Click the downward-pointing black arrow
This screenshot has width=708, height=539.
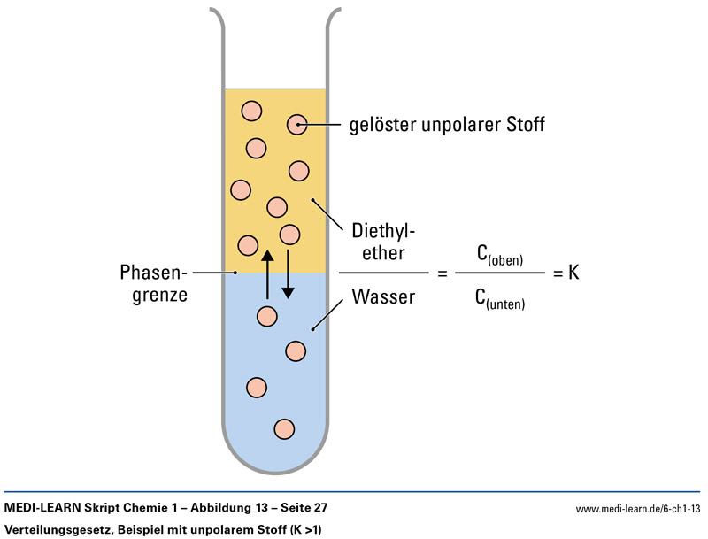point(288,278)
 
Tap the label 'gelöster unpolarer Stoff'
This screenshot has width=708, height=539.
point(448,125)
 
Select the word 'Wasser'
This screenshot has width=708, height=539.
point(383,296)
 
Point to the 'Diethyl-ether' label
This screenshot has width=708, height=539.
point(383,242)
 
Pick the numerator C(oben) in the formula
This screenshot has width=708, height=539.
point(500,256)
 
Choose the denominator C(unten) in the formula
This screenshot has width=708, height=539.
point(501,300)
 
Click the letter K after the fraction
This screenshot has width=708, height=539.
point(573,274)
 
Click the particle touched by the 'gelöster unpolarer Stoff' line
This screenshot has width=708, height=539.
point(296,125)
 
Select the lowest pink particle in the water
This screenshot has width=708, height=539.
point(284,428)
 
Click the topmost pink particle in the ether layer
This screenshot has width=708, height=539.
point(252,111)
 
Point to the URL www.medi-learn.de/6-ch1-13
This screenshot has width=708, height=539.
point(637,509)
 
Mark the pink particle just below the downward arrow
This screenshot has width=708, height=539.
point(266,315)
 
